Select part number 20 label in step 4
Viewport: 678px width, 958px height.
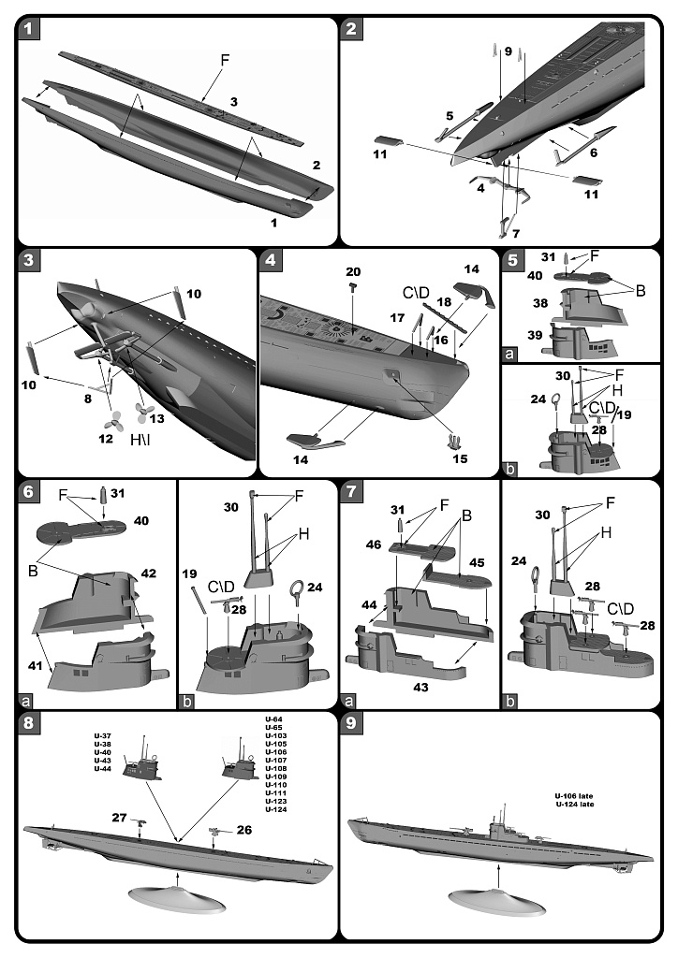coord(353,271)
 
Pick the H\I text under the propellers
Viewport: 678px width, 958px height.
coord(177,436)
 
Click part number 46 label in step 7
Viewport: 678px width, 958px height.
coord(373,544)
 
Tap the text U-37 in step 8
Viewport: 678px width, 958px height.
coord(103,734)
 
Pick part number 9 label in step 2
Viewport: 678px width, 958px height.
coord(508,52)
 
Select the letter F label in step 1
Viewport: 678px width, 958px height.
coord(224,59)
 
